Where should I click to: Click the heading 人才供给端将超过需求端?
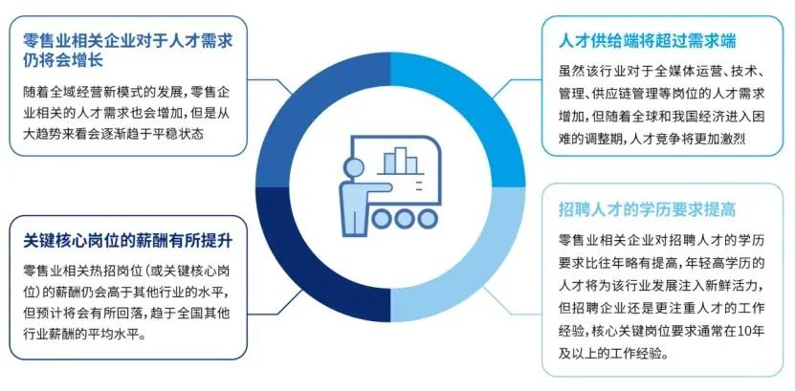647,41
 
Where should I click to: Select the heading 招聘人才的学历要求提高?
647,209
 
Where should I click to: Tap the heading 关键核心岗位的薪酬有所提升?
128,241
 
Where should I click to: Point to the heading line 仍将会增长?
63,60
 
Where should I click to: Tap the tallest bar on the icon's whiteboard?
401,160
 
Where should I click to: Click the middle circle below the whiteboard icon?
404,218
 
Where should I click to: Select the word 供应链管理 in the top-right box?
625,94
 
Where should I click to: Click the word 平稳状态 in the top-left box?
177,135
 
